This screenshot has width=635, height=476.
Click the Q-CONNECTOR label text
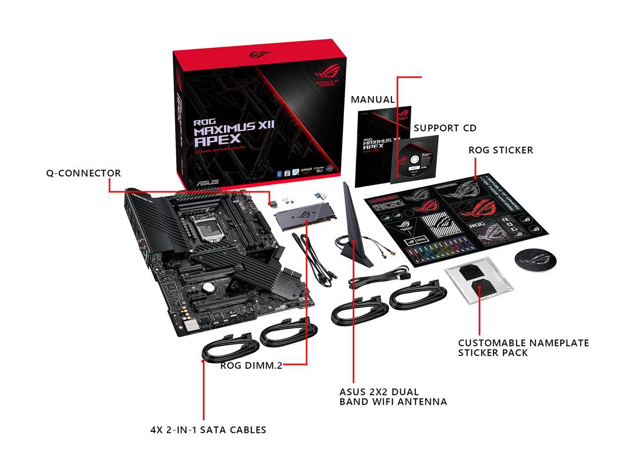[83, 174]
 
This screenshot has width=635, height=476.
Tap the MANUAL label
[373, 100]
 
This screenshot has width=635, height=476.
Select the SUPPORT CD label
[445, 128]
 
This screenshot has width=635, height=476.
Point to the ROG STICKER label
[501, 150]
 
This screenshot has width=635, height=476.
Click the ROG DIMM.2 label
[252, 366]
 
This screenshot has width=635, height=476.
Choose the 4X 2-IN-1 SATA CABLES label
[208, 430]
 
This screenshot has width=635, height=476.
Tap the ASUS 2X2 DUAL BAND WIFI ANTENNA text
[393, 396]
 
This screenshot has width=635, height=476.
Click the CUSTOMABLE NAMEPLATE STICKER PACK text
[523, 347]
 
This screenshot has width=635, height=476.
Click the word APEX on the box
[217, 140]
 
